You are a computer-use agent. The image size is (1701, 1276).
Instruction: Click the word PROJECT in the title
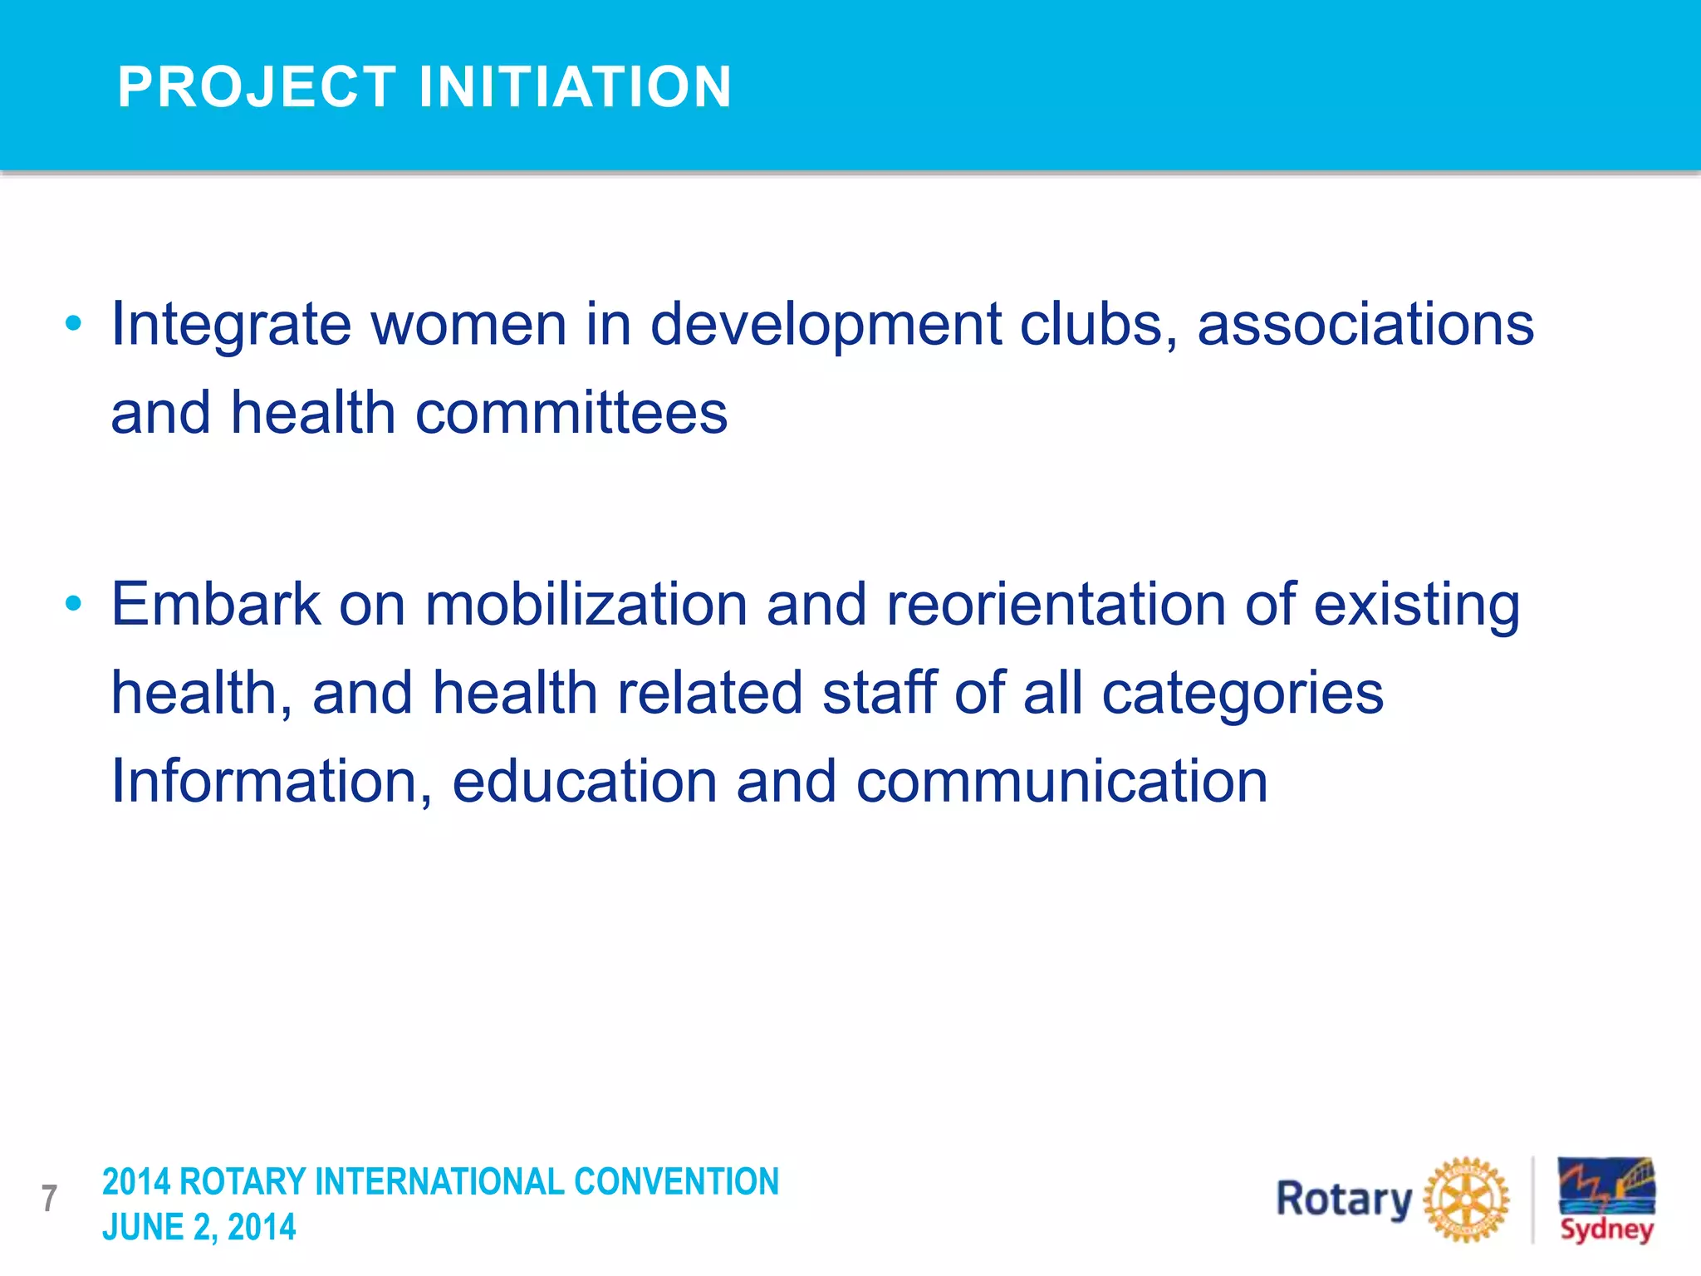click(257, 87)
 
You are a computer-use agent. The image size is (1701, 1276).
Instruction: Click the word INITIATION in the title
click(575, 87)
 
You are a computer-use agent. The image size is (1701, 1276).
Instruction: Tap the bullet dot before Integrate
click(74, 323)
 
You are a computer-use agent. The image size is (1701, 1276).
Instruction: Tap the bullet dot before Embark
click(74, 604)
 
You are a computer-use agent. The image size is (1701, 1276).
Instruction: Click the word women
click(468, 324)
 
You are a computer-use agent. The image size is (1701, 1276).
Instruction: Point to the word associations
click(1365, 324)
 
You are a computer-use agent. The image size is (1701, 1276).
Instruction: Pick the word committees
click(571, 413)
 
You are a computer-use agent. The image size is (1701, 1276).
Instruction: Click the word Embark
click(216, 604)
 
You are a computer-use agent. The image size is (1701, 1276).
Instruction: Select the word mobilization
click(586, 604)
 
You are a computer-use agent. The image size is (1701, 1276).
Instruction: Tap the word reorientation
click(1056, 604)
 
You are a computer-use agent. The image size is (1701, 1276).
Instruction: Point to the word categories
click(1242, 694)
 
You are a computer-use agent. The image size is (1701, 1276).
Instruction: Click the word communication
click(1061, 782)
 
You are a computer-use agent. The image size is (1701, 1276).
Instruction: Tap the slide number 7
click(49, 1199)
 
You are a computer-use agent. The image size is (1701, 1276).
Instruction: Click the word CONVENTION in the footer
click(676, 1181)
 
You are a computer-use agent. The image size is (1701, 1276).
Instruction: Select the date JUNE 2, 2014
click(199, 1227)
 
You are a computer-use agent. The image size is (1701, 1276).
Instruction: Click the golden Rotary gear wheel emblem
click(1466, 1200)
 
